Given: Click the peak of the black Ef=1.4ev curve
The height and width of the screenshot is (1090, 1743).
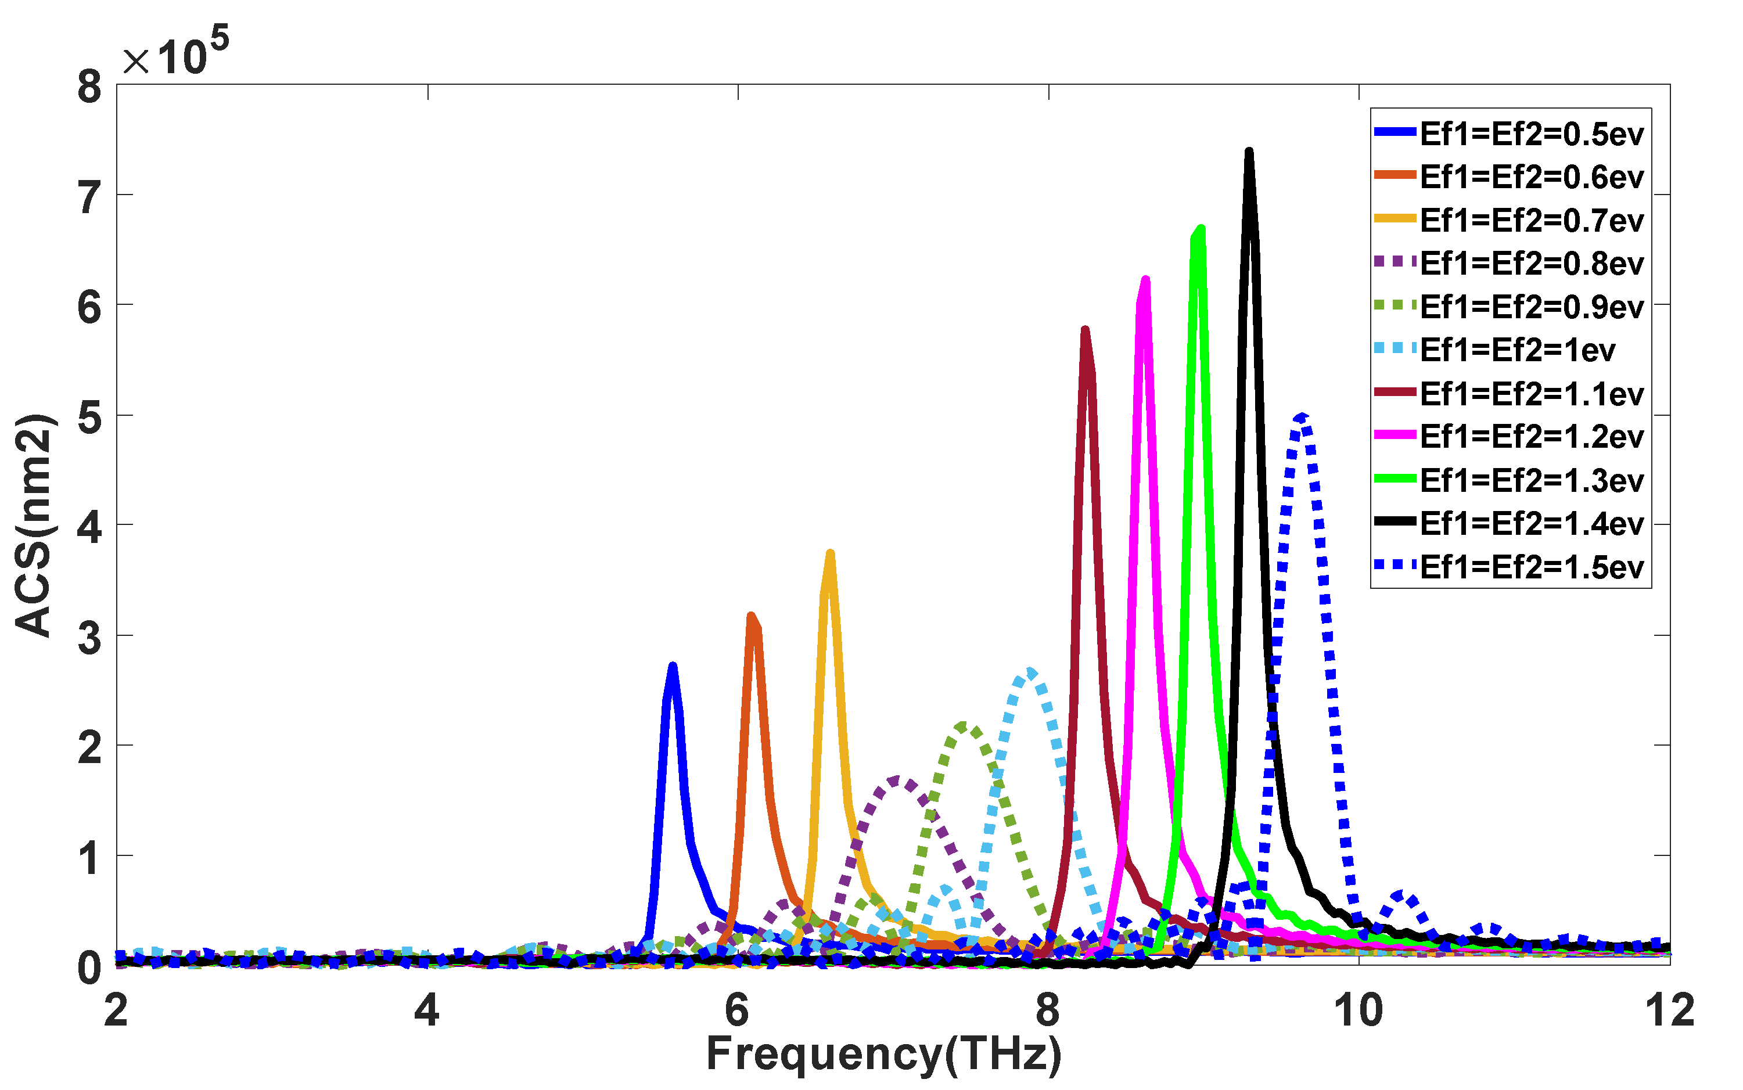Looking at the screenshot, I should click(x=1249, y=152).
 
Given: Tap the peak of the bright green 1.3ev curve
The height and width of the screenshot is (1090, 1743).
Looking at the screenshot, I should click(x=1200, y=229).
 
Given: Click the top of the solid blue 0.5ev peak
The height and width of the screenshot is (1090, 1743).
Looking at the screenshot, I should click(x=673, y=666).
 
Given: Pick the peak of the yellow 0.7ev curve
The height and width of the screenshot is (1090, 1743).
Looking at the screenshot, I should click(x=831, y=553).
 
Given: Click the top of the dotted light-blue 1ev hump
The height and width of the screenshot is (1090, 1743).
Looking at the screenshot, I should click(x=1029, y=672).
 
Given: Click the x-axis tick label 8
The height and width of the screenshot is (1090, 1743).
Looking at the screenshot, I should click(x=1047, y=1010).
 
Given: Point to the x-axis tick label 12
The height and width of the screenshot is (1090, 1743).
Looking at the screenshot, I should click(x=1669, y=1010).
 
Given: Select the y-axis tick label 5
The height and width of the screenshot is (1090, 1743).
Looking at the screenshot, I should click(x=89, y=417).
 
